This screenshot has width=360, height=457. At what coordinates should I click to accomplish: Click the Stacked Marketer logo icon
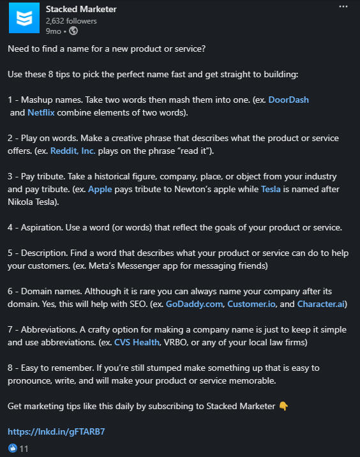coord(23,19)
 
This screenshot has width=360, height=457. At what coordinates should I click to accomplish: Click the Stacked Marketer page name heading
coord(81,9)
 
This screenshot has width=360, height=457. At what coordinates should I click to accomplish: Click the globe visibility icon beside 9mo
coord(73,30)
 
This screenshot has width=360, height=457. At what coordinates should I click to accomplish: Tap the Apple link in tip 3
coord(100,189)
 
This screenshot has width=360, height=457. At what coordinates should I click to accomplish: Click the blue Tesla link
coord(271,189)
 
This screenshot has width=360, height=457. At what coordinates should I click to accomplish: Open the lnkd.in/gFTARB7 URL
coord(56,431)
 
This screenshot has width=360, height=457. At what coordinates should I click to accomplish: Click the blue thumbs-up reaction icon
coord(12,448)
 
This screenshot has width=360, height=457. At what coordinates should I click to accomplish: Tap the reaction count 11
coord(24,448)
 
